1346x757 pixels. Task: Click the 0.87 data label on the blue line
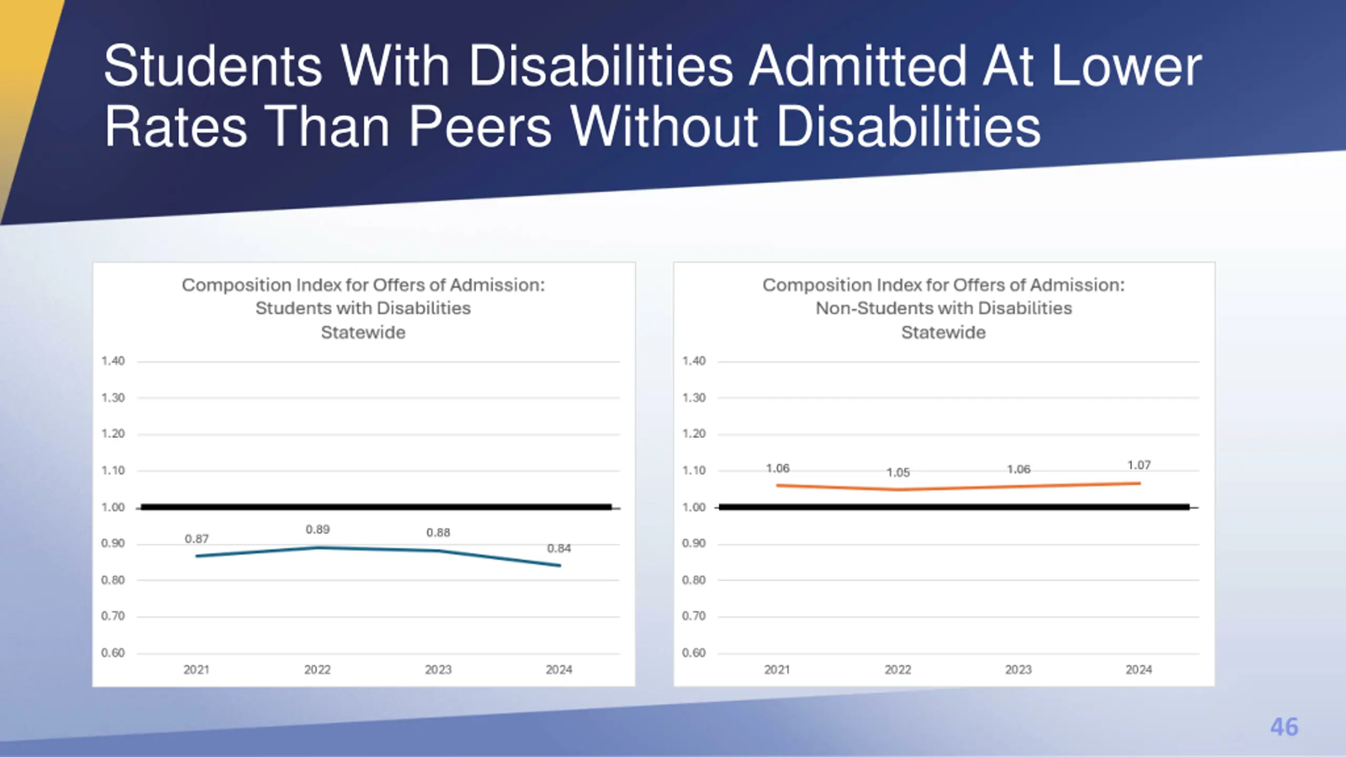click(197, 539)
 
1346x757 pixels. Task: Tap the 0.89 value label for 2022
click(318, 529)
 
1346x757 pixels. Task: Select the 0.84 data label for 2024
click(559, 548)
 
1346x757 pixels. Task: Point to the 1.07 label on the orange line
click(1139, 465)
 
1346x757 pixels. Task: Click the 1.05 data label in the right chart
click(898, 473)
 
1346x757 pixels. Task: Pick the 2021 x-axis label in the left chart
click(196, 670)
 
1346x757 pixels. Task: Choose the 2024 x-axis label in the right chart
click(1139, 670)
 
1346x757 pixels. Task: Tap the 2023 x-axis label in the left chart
click(438, 670)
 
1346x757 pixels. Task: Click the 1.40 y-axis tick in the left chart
click(113, 361)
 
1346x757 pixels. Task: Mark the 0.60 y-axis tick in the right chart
click(694, 653)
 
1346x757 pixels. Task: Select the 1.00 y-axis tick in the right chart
click(694, 507)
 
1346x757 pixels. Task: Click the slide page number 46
click(1284, 727)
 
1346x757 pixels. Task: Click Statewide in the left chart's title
click(363, 333)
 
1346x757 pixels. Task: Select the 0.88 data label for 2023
click(438, 533)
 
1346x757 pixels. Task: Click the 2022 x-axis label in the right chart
click(898, 670)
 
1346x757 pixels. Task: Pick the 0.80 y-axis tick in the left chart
click(113, 580)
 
